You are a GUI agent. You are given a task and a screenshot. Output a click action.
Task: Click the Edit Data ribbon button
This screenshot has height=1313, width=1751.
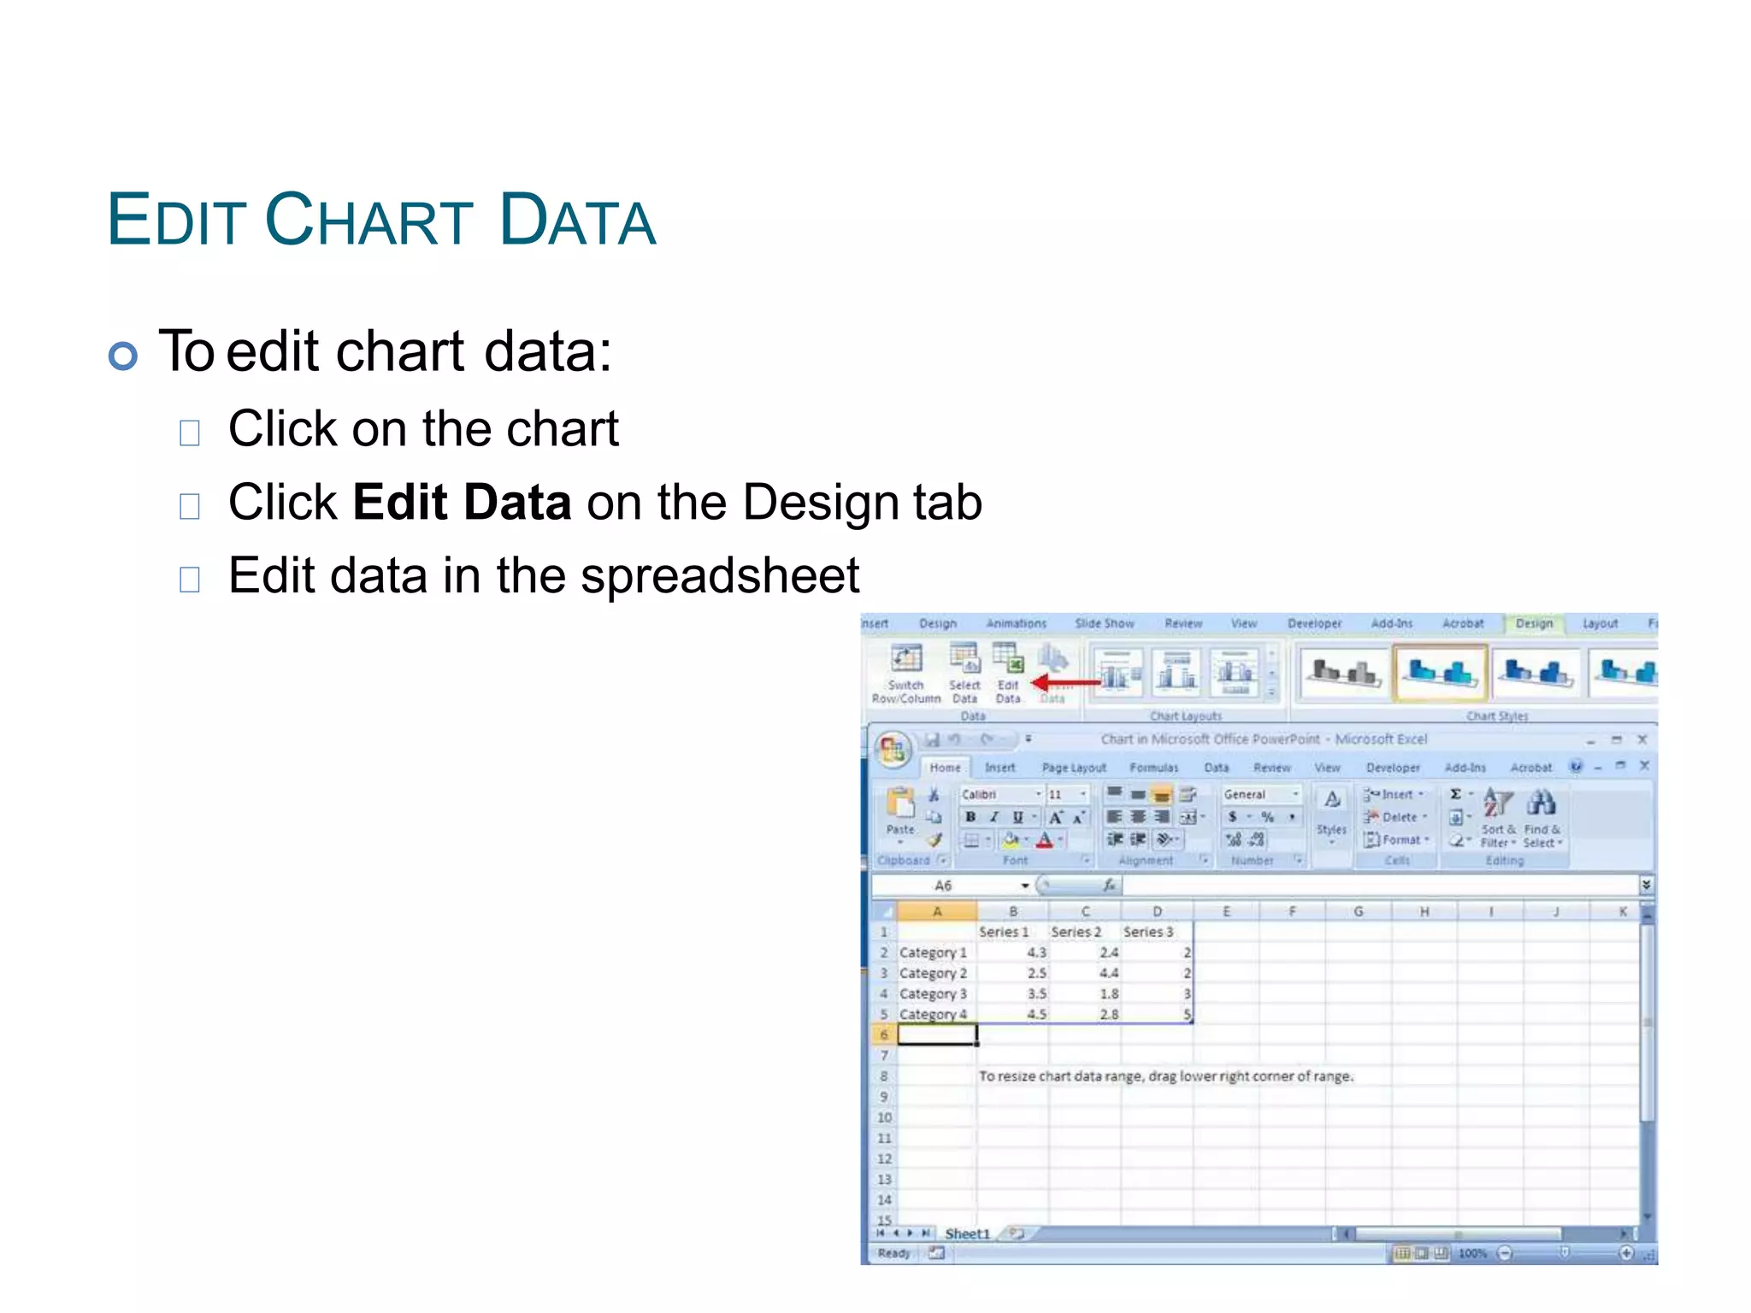click(x=1009, y=672)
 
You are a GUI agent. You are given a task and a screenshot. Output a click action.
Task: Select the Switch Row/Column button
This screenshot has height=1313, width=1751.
click(x=906, y=672)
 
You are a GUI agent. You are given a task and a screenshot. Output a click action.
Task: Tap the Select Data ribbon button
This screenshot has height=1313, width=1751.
click(x=964, y=672)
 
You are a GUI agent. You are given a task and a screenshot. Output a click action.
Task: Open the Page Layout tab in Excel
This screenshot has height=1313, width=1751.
click(x=1074, y=768)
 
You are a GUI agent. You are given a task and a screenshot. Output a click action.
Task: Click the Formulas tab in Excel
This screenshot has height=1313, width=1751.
click(x=1153, y=768)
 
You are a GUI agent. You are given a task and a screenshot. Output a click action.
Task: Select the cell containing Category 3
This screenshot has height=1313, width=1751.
click(x=933, y=994)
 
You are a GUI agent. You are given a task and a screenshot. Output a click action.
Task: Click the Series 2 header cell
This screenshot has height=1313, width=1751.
click(x=1076, y=932)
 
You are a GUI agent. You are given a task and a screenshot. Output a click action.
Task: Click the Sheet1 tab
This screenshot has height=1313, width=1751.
click(x=967, y=1234)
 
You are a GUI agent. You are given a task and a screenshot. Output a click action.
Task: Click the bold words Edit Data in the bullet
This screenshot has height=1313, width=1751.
click(x=462, y=502)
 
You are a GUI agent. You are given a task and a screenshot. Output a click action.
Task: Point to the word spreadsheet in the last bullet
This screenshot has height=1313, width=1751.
click(x=720, y=576)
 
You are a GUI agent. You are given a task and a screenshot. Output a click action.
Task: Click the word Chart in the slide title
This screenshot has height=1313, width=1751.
click(x=368, y=220)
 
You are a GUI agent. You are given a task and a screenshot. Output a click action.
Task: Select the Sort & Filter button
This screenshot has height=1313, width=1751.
click(x=1498, y=817)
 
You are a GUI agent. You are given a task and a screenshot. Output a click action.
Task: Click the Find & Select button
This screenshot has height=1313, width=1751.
click(x=1542, y=817)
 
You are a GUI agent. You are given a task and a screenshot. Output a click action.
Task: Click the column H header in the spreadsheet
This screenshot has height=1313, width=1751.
click(x=1424, y=912)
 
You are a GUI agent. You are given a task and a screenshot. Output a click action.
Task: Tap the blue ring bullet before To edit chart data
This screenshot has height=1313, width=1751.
click(x=123, y=356)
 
